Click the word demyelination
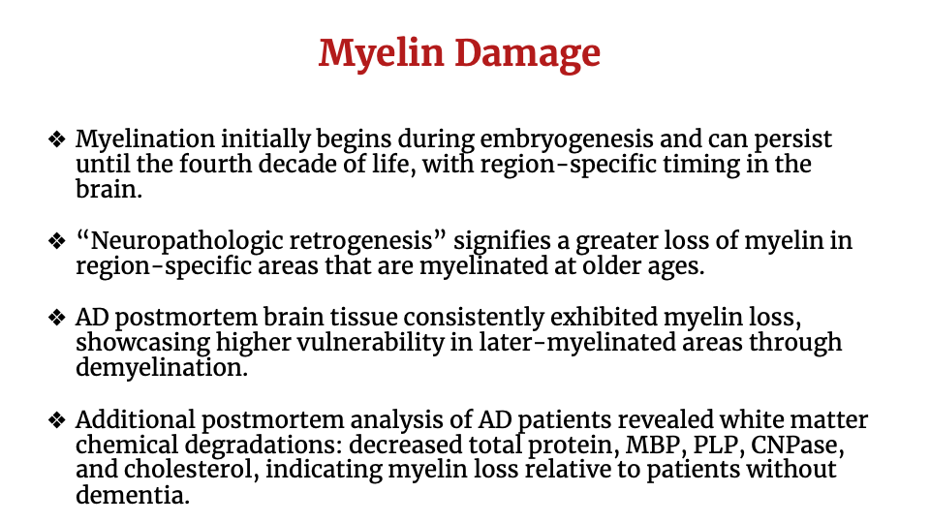pos(160,368)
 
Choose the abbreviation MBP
pos(652,445)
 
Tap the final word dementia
pos(132,495)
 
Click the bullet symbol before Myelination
pos(57,139)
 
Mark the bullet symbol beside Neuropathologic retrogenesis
pos(57,242)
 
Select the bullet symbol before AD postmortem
pos(57,318)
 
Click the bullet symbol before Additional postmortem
pos(57,420)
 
